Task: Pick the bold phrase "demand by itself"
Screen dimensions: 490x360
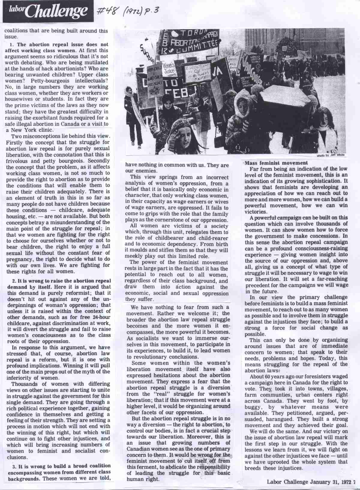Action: (x=25, y=287)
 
